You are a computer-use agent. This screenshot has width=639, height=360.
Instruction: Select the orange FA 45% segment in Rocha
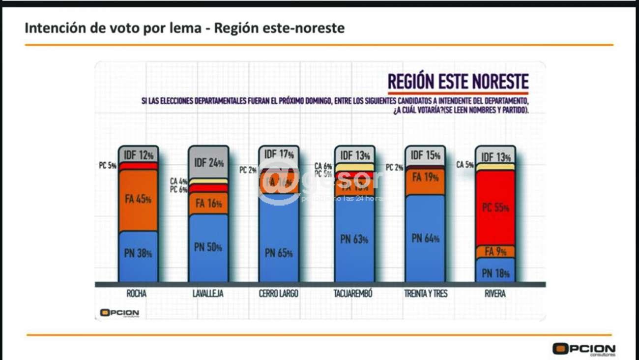(x=138, y=200)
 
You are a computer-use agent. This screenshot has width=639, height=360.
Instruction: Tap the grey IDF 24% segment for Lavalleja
(x=208, y=162)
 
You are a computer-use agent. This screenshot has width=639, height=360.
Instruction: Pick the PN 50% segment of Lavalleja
(x=208, y=247)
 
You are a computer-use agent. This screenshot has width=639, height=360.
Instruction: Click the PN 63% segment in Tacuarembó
(x=354, y=240)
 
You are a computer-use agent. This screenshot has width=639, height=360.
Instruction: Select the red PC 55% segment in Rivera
(x=495, y=208)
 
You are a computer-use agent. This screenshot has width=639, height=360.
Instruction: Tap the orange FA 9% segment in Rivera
(x=495, y=252)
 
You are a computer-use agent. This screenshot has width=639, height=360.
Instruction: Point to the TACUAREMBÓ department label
(x=354, y=294)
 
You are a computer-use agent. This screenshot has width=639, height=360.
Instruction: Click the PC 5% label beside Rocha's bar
(x=107, y=166)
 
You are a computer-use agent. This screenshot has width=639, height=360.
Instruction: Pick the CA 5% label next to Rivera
(x=465, y=165)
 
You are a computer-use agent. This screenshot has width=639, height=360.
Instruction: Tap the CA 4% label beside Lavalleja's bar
(x=178, y=181)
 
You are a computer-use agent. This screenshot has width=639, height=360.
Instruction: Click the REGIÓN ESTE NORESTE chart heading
(x=458, y=82)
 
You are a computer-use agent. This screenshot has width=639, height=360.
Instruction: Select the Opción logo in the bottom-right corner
(x=583, y=349)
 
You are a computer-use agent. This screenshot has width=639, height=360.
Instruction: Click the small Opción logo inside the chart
(x=119, y=313)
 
